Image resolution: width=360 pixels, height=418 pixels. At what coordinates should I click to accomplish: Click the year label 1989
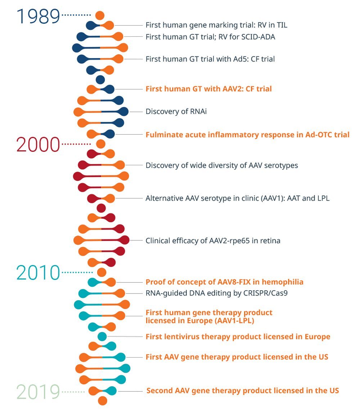click(38, 17)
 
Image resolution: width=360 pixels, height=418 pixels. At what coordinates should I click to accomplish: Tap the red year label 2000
click(38, 145)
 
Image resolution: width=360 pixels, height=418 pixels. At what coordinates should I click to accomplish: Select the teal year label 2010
click(38, 273)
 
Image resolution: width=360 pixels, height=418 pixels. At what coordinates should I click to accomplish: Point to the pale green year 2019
click(38, 392)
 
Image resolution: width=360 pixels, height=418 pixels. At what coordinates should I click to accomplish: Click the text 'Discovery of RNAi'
click(176, 112)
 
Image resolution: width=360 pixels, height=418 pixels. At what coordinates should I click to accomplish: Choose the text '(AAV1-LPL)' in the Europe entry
click(236, 321)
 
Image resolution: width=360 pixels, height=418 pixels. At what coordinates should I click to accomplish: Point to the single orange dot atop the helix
click(100, 15)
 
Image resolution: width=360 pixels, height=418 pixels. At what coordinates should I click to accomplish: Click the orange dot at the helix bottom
click(103, 401)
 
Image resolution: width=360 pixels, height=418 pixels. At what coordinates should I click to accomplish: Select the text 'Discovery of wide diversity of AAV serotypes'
click(222, 165)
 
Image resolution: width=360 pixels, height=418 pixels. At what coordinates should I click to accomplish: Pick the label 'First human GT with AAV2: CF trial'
click(208, 88)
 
